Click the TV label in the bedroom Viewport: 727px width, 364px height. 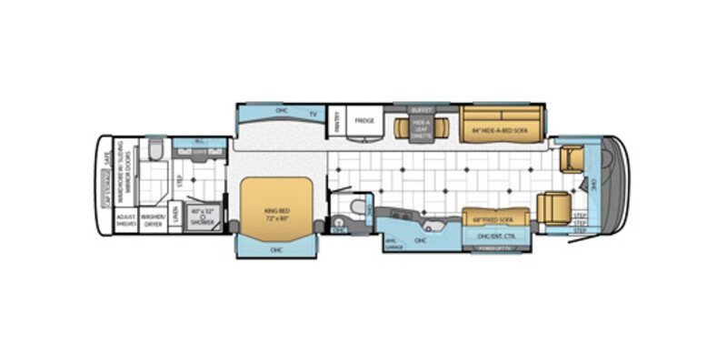tap(313, 114)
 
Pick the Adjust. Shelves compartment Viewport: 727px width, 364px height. tap(126, 220)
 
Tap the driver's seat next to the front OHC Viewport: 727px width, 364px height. tap(573, 160)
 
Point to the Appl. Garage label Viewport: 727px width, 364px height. tap(394, 242)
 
